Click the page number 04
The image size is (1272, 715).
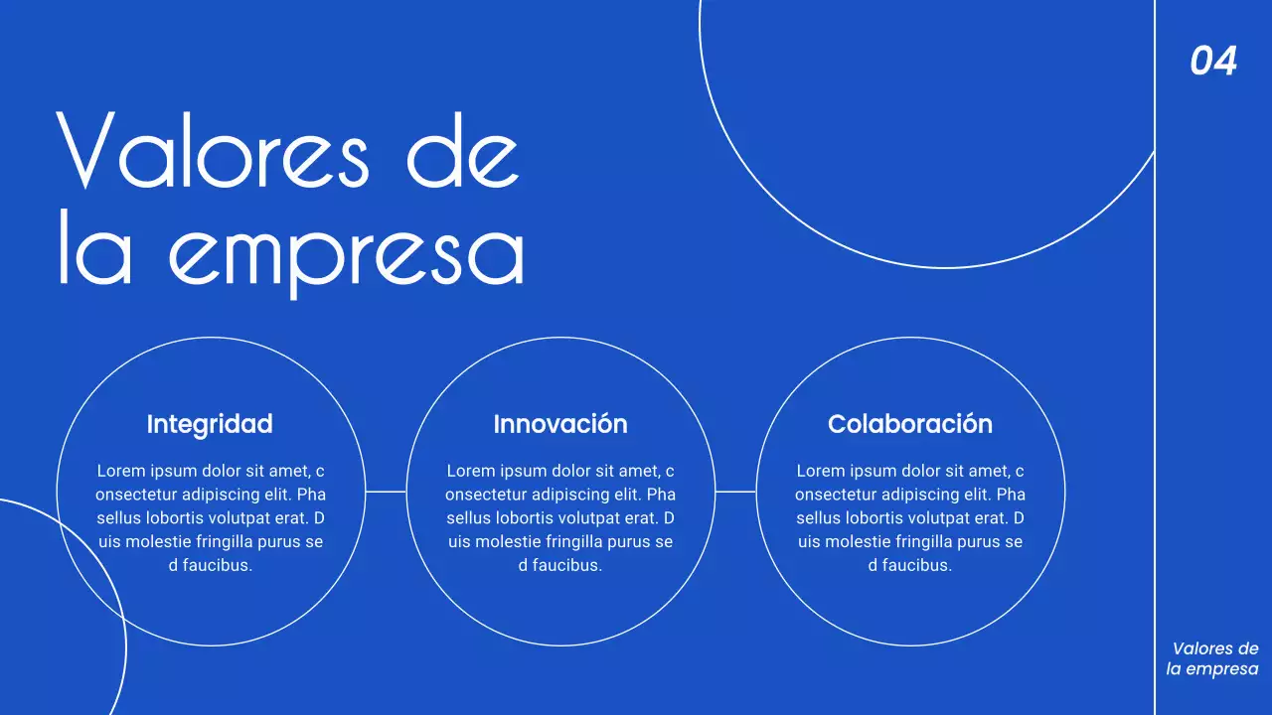click(x=1213, y=62)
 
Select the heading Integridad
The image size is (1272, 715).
click(x=210, y=424)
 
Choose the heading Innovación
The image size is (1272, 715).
click(x=560, y=424)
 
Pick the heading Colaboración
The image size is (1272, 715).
click(x=910, y=424)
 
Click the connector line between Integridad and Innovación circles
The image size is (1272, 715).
click(x=386, y=491)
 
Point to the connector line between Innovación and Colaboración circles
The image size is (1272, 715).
click(x=735, y=491)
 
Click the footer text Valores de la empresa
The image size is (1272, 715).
click(x=1213, y=659)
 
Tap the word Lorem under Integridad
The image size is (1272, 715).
click(x=119, y=471)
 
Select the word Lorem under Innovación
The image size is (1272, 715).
click(x=469, y=471)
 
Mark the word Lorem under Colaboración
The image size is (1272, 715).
click(x=819, y=471)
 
